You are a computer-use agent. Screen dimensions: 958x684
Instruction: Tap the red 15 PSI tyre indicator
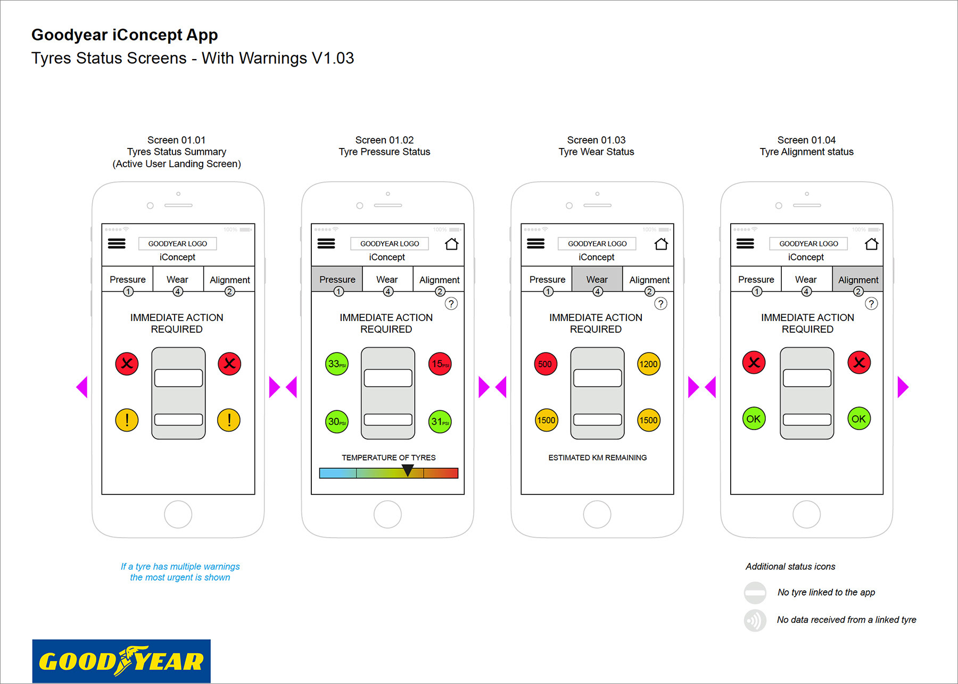[440, 364]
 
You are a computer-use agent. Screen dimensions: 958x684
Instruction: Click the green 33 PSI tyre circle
[337, 364]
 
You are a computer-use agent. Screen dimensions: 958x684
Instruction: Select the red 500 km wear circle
[546, 364]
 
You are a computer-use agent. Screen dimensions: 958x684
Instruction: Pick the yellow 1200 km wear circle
[648, 364]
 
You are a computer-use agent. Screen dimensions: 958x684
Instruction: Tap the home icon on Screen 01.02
[451, 244]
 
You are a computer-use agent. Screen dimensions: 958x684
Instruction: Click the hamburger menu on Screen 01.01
[117, 244]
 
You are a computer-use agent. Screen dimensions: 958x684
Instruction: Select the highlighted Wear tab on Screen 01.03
[597, 279]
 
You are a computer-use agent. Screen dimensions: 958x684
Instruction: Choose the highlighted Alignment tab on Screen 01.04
[858, 279]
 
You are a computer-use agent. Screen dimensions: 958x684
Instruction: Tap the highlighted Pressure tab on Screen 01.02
[337, 279]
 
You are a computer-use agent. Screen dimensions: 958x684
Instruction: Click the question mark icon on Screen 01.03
[660, 303]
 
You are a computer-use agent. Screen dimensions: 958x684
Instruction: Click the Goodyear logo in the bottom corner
[121, 661]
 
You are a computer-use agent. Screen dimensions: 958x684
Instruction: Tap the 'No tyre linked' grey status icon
[755, 592]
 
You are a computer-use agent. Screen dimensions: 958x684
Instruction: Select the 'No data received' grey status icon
[755, 620]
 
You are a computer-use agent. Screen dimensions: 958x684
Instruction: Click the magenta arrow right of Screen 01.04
[903, 387]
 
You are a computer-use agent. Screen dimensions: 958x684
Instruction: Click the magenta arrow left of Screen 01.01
[82, 387]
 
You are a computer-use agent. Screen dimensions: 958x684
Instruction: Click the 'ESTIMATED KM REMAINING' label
[597, 458]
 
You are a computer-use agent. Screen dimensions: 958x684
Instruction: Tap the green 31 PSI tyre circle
[440, 422]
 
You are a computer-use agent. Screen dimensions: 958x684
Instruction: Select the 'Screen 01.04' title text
[806, 140]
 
